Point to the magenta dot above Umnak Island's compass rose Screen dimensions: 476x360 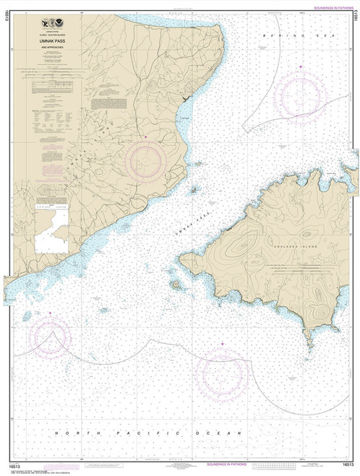tap(145, 136)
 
